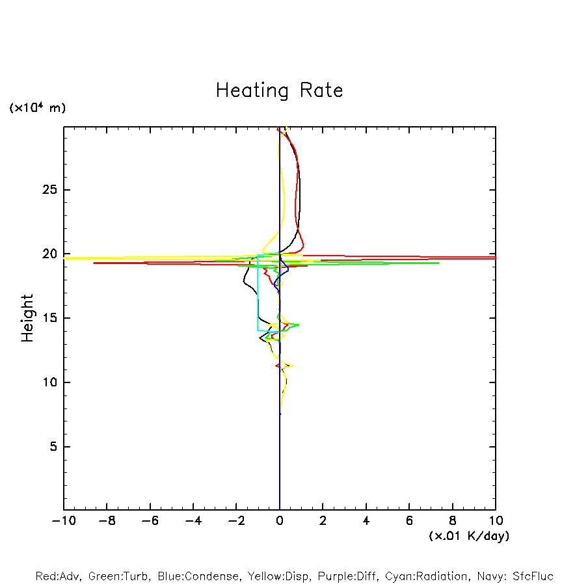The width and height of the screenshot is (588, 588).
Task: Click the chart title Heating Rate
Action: pyautogui.click(x=279, y=90)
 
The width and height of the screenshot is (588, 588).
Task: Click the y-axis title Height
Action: pyautogui.click(x=27, y=318)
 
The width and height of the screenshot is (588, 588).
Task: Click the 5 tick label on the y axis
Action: pyautogui.click(x=55, y=447)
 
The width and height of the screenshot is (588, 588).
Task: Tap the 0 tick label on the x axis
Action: pyautogui.click(x=280, y=521)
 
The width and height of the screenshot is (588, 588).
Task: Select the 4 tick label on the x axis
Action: pyautogui.click(x=366, y=521)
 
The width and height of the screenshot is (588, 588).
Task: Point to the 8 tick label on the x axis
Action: pyautogui.click(x=453, y=521)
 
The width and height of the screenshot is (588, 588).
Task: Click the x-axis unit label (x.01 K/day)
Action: pyautogui.click(x=469, y=536)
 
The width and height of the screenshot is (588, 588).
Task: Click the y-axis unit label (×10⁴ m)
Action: pyautogui.click(x=37, y=108)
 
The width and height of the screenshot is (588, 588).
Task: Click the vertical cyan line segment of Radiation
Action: pyautogui.click(x=258, y=293)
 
